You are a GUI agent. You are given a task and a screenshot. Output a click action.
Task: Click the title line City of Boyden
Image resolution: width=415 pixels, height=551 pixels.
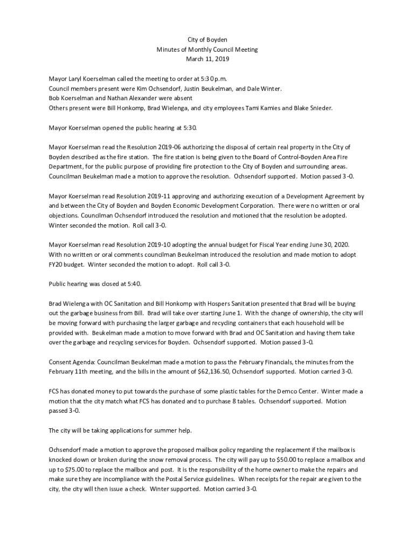coord(207,40)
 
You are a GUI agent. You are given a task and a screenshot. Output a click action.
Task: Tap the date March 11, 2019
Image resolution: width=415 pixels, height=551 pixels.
coord(207,59)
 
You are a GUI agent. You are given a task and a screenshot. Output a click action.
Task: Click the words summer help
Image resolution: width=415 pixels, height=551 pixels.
coord(175,430)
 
